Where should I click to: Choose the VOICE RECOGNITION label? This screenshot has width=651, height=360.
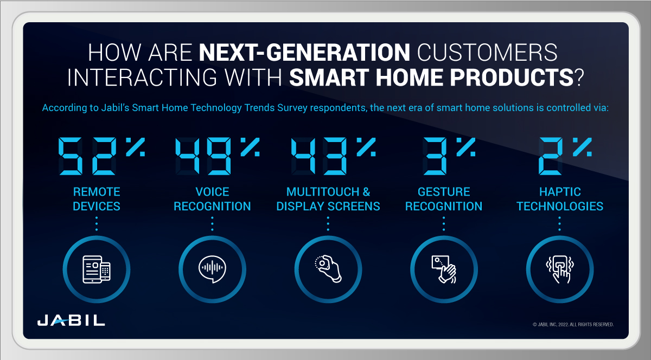click(x=212, y=199)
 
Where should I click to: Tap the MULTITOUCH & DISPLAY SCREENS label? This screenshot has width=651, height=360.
click(x=328, y=199)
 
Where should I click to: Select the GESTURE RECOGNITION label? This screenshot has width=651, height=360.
click(x=444, y=199)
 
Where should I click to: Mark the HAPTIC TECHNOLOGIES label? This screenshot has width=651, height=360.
click(x=560, y=199)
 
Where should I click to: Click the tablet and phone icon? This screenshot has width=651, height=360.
click(x=97, y=268)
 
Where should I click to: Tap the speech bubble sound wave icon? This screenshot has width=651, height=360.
click(x=212, y=268)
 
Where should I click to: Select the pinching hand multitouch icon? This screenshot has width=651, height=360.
click(x=328, y=268)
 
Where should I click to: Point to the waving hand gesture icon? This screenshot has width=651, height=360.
click(x=444, y=268)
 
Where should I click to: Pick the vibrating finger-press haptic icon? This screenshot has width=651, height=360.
click(x=560, y=268)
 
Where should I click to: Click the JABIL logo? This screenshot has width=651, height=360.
click(x=71, y=320)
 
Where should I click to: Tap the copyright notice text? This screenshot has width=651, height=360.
click(x=573, y=324)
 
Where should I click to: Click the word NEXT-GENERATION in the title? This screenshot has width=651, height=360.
click(x=304, y=53)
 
